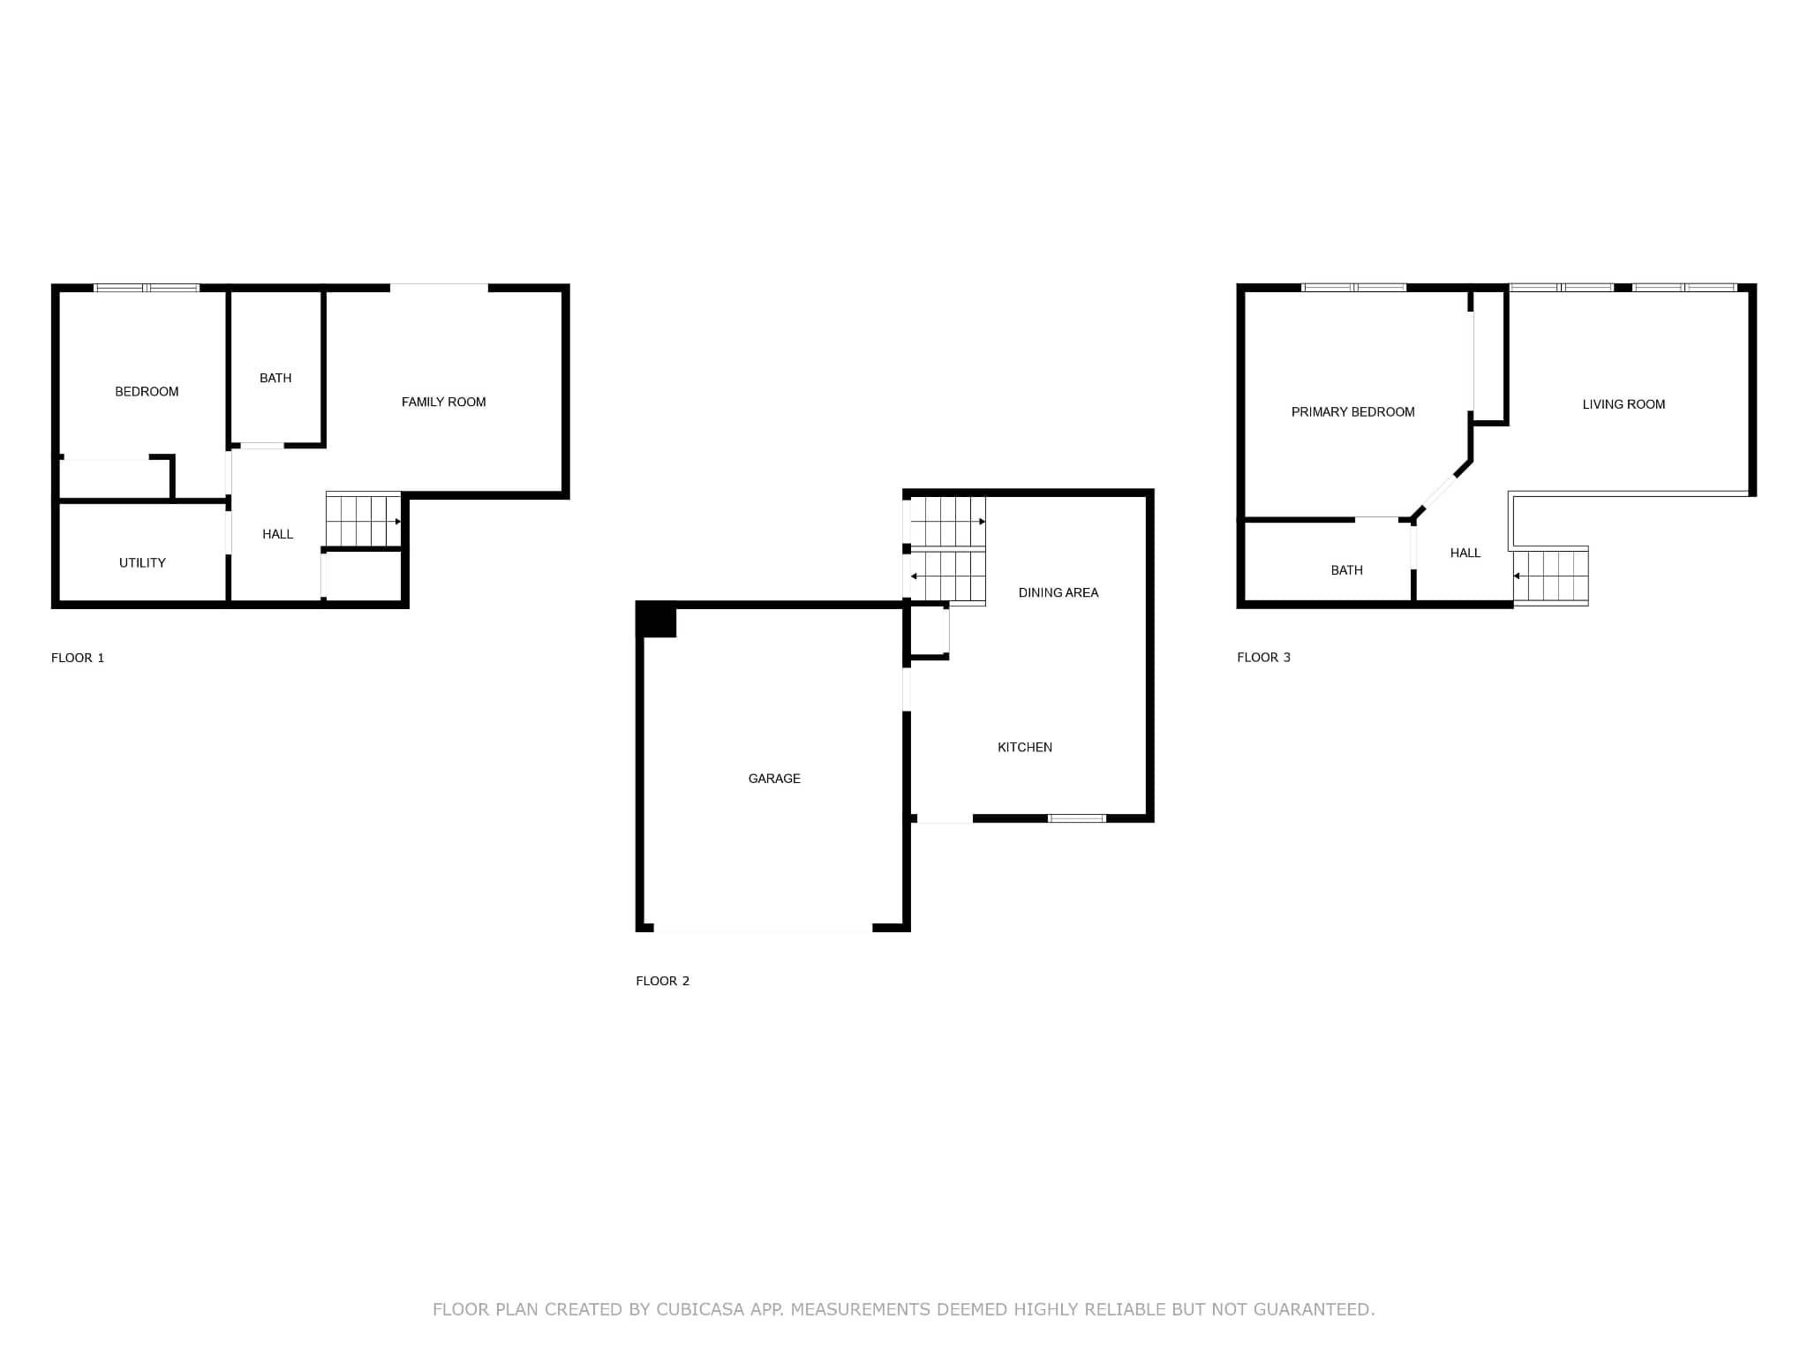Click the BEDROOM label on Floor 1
click(147, 391)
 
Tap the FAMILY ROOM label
click(443, 402)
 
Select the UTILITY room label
click(142, 562)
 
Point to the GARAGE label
click(774, 778)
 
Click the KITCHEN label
click(1025, 747)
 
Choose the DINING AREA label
click(1058, 592)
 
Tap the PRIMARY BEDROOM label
click(1352, 411)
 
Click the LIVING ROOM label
click(1623, 404)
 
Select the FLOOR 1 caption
click(78, 658)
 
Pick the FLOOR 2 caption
click(662, 981)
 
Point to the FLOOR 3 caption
click(1263, 657)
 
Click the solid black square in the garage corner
click(656, 619)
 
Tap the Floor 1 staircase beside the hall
click(364, 520)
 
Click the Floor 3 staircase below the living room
click(1551, 576)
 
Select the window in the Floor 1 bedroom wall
click(147, 288)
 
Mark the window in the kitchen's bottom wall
click(1077, 818)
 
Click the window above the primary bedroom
click(1354, 287)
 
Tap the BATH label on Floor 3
click(1346, 570)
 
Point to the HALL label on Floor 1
click(277, 534)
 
